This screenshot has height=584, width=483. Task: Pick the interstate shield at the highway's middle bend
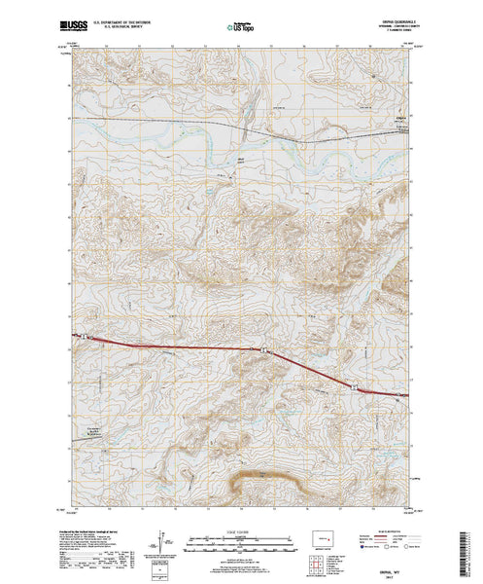tap(262, 347)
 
